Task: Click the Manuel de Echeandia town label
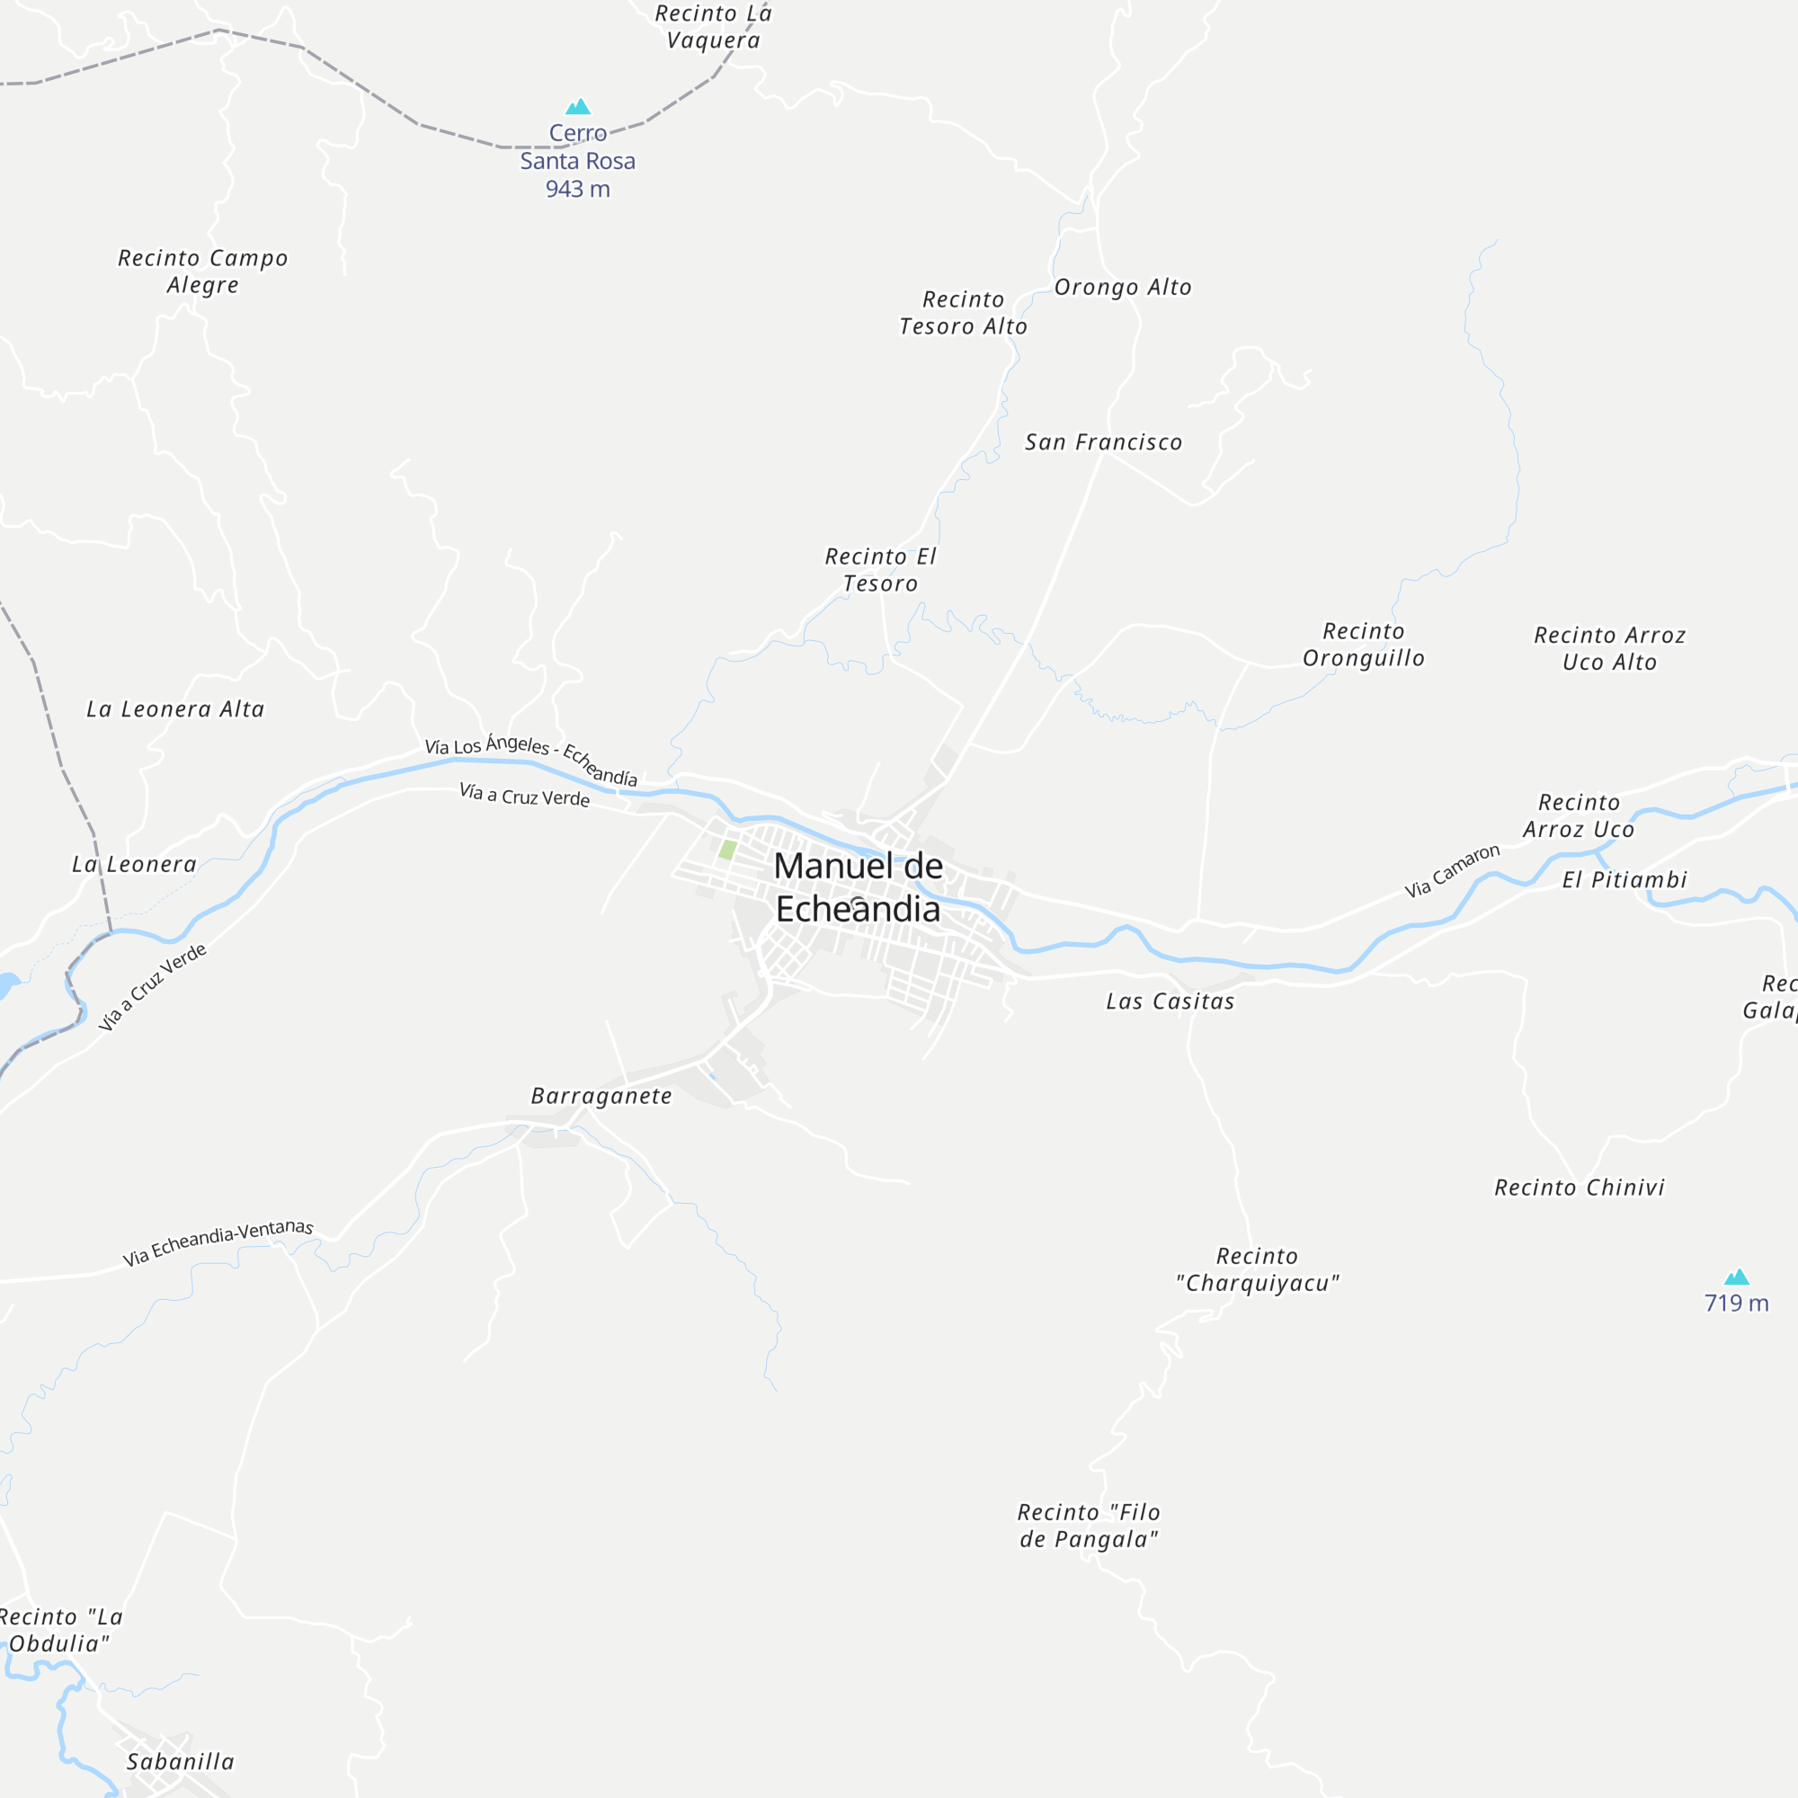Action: tap(858, 888)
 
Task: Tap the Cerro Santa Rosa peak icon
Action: tap(578, 107)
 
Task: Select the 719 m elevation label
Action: tap(1736, 1303)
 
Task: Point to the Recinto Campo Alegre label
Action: tap(203, 271)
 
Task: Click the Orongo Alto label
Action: tap(1122, 288)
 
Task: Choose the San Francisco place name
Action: tap(1103, 442)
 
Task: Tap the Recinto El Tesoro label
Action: tap(880, 570)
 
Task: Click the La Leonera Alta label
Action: tap(175, 709)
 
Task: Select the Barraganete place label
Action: tap(601, 1096)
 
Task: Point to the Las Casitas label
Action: tap(1170, 1001)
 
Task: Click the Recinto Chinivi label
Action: tap(1580, 1188)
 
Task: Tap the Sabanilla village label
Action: tap(181, 1762)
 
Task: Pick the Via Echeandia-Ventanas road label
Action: tap(218, 1242)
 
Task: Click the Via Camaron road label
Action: tap(1452, 871)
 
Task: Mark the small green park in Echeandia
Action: tap(728, 850)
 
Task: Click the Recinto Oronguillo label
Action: tap(1364, 645)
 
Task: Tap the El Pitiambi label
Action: tap(1624, 879)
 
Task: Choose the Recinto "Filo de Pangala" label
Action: tap(1089, 1527)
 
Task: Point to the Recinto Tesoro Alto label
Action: tap(963, 313)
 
